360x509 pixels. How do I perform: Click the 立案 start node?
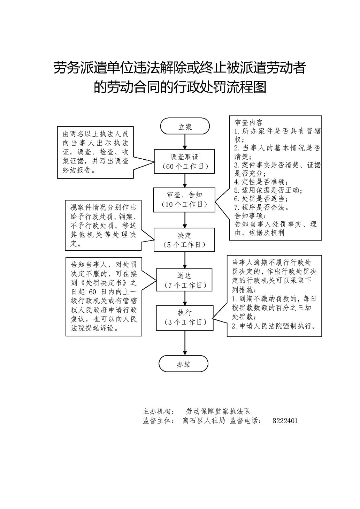185,126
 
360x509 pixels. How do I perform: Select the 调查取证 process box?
184,161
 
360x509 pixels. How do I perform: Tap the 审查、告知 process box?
184,200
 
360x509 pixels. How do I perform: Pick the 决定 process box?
184,240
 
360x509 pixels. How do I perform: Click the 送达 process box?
184,280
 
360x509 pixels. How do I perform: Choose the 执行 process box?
185,318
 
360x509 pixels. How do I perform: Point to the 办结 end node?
183,364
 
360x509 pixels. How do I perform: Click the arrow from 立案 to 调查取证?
185,142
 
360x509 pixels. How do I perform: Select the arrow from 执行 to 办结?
185,343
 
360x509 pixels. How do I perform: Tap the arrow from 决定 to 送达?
185,260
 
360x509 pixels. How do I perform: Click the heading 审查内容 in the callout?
248,123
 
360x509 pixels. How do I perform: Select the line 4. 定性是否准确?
261,182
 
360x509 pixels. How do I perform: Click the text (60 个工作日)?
185,167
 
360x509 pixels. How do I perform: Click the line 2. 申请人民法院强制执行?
274,326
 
